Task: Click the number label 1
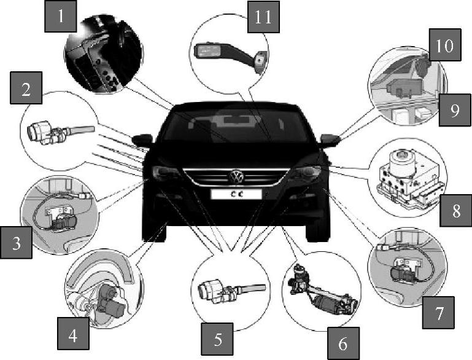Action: [61, 16]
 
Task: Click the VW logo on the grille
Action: [236, 177]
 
